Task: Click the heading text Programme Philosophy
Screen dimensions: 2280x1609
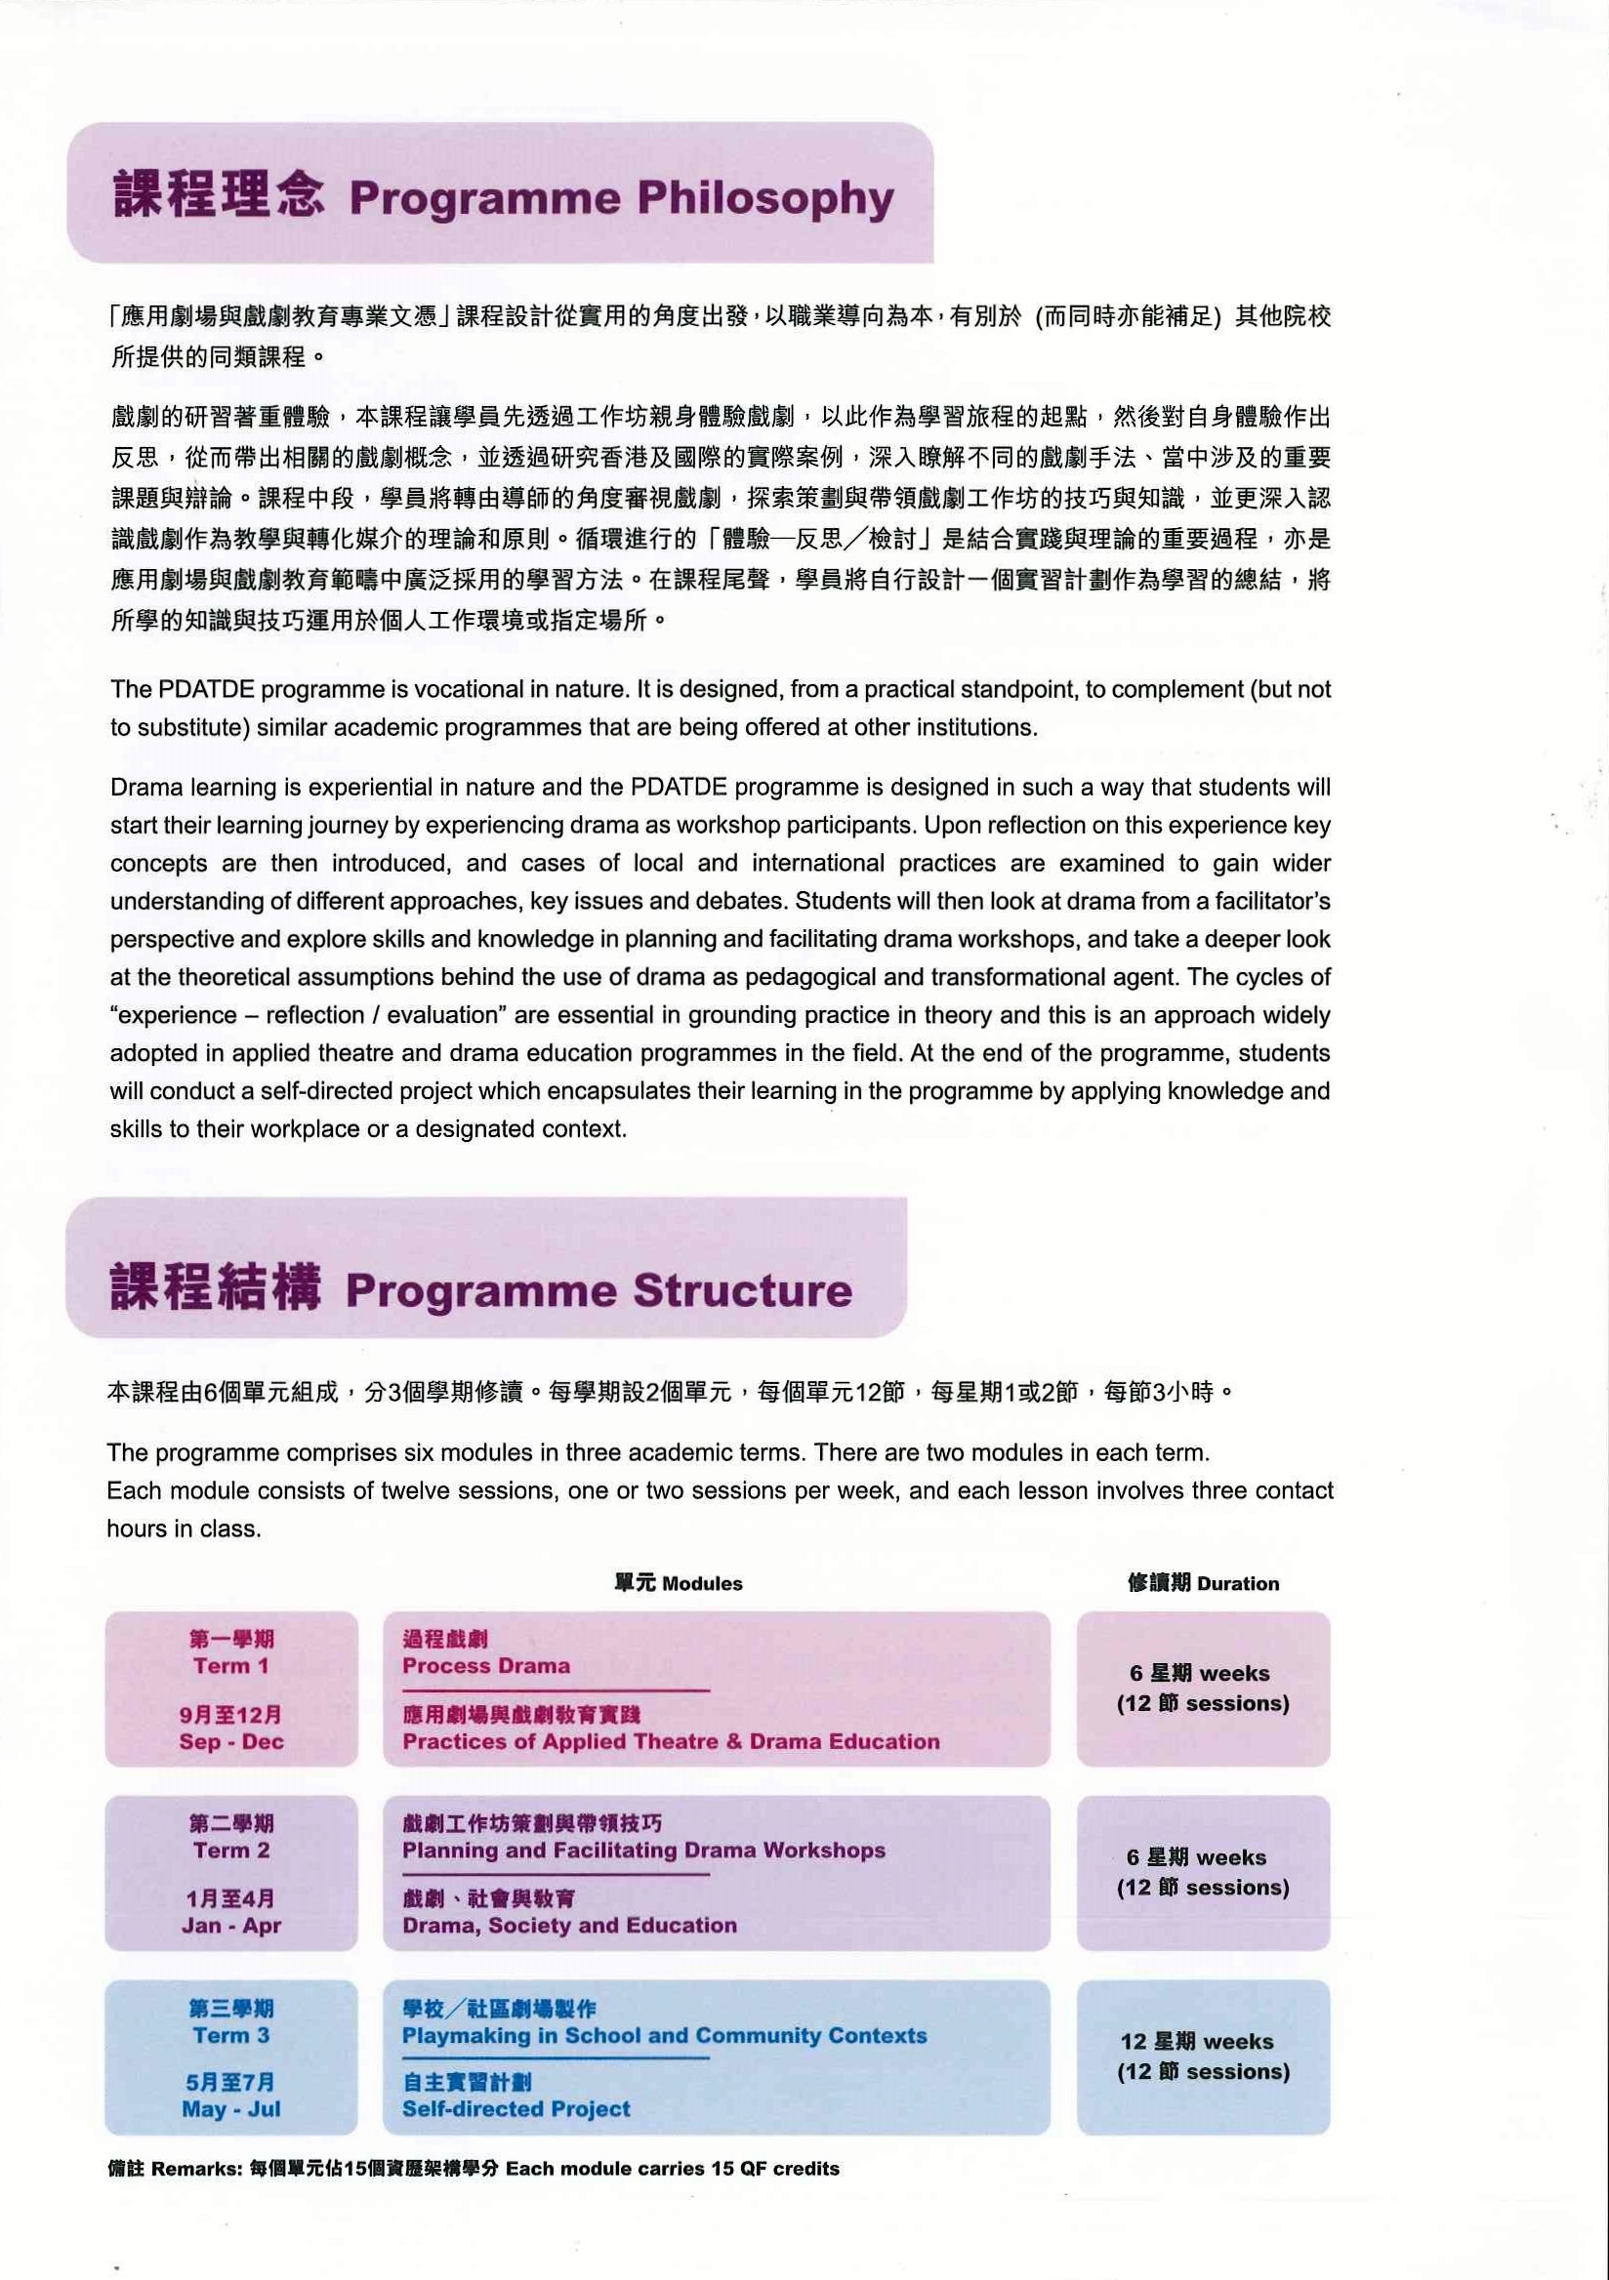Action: point(621,198)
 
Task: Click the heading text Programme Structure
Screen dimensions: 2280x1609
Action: point(598,1291)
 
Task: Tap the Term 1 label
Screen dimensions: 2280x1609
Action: point(231,1665)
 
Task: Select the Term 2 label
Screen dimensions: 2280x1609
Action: point(231,1850)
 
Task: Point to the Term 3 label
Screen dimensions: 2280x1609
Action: point(231,2035)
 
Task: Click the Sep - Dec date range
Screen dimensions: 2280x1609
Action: point(231,1741)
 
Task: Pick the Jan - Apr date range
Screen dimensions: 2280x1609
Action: point(231,1926)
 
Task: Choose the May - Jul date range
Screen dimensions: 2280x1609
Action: point(231,2108)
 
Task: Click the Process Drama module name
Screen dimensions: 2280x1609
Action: point(485,1665)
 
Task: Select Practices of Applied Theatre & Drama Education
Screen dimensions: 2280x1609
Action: point(671,1741)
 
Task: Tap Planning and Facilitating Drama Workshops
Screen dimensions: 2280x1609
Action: point(643,1850)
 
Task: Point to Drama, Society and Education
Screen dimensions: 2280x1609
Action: point(569,1926)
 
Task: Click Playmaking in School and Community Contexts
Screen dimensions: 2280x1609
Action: point(664,2035)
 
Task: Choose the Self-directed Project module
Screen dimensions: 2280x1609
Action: point(516,2108)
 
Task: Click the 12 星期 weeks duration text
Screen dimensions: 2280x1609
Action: point(1197,2042)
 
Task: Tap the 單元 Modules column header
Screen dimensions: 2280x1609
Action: point(679,1584)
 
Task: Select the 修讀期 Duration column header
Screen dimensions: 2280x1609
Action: point(1203,1584)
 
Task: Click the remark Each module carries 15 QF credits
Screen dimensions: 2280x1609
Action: point(673,2169)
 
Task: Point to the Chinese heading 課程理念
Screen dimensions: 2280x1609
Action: point(219,193)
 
